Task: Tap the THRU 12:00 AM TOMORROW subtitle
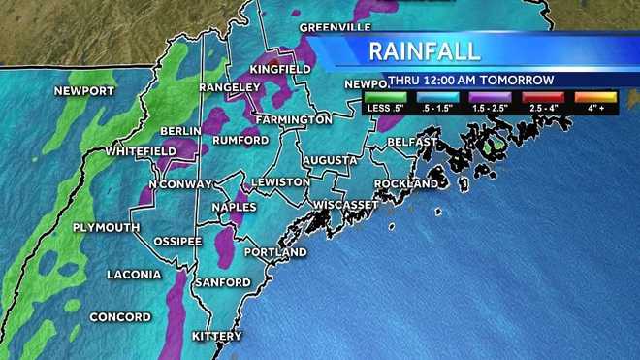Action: click(470, 80)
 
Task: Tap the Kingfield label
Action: click(280, 70)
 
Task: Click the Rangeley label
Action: click(225, 86)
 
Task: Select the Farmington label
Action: click(294, 119)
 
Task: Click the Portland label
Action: click(275, 252)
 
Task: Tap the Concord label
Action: click(120, 317)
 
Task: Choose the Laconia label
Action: click(134, 275)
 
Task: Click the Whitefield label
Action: click(141, 152)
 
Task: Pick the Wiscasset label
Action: click(345, 205)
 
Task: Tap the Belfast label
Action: click(411, 142)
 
